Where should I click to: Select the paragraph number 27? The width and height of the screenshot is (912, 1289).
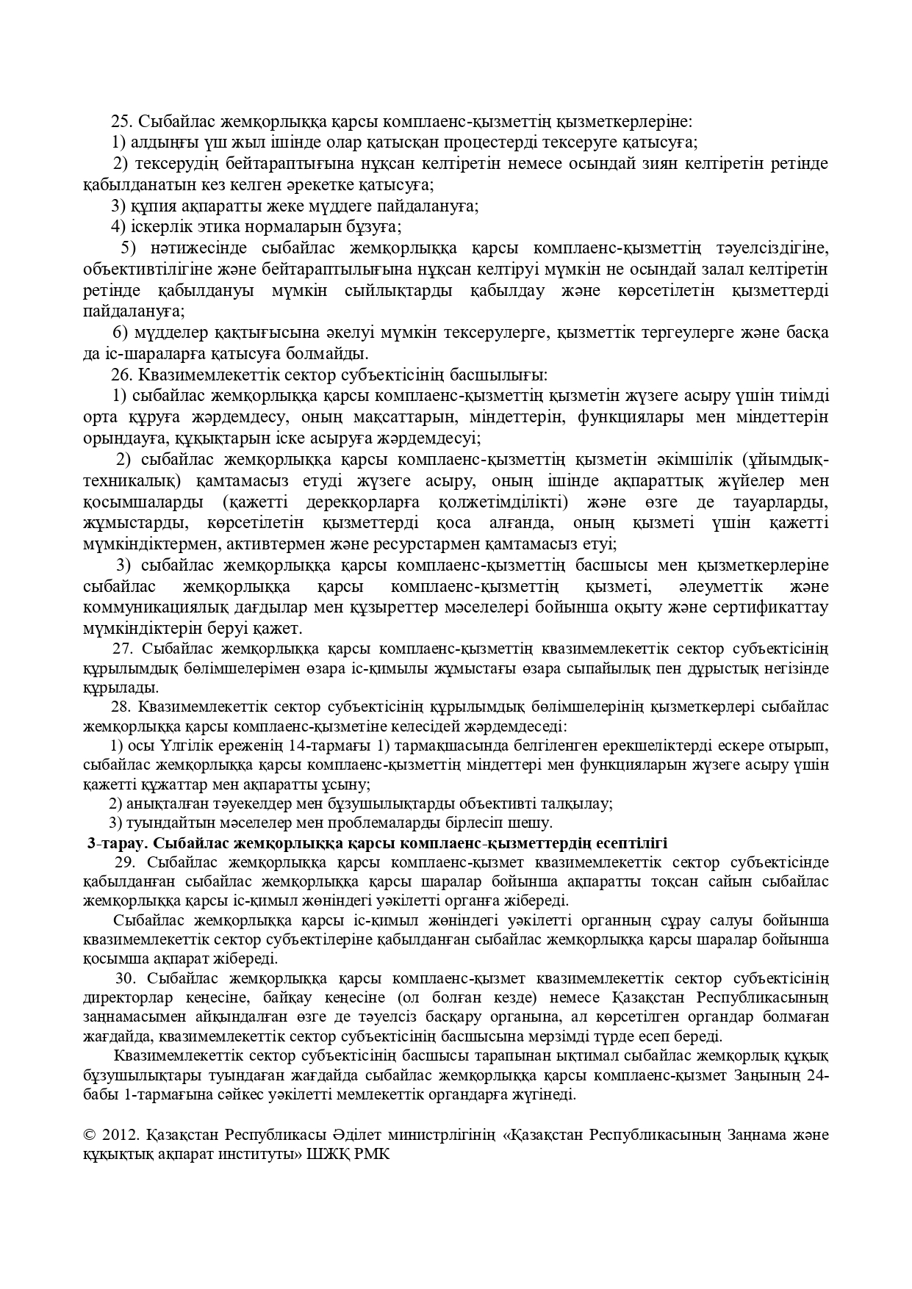point(122,649)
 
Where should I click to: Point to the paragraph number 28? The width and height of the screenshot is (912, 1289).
point(120,707)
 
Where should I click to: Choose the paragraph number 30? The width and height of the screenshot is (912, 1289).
point(126,978)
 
